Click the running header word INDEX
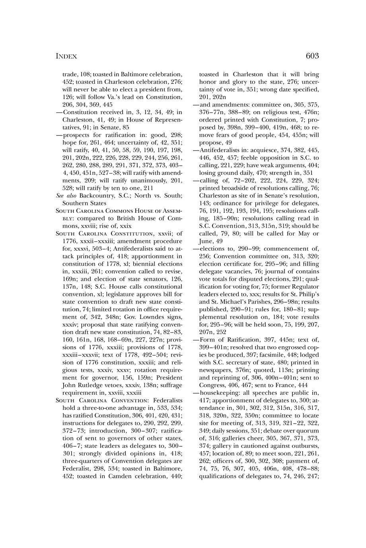(66, 57)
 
